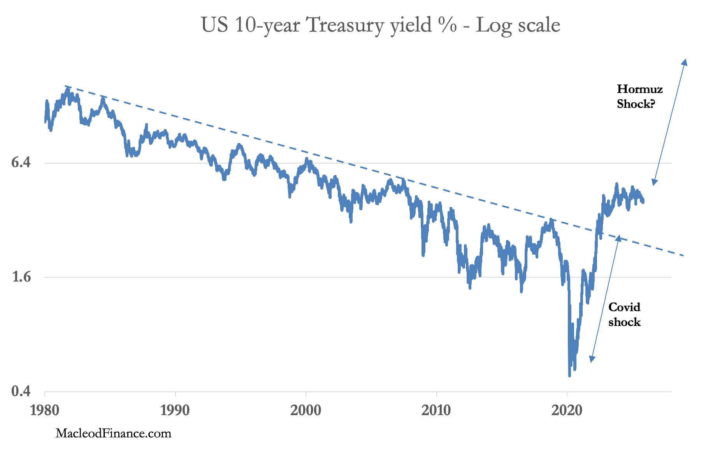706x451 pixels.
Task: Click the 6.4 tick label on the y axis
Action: point(21,162)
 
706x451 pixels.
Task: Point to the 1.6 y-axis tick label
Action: point(21,277)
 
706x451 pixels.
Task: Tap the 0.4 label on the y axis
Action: point(21,391)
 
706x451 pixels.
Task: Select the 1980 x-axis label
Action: point(45,410)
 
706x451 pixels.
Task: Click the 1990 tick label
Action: point(176,410)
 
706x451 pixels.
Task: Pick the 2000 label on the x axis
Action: point(306,410)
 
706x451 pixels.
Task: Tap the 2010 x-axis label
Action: point(436,410)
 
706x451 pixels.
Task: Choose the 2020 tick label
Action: point(567,410)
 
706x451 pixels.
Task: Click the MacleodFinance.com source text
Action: point(113,433)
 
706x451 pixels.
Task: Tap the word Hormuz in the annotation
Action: point(639,89)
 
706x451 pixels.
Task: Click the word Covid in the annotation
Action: point(624,307)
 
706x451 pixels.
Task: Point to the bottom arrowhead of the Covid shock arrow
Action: point(591,360)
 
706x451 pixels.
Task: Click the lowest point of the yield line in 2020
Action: point(569,376)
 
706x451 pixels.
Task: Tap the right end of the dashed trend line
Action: point(683,255)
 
